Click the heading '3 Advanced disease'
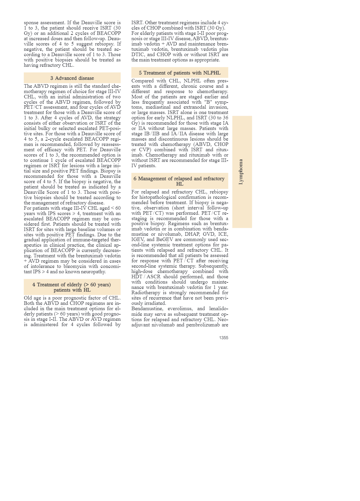(72, 78)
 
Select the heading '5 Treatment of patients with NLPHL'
(180, 73)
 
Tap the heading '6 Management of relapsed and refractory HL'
(179, 181)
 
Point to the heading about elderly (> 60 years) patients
(72, 287)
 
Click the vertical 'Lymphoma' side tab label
(241, 172)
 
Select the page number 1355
(223, 338)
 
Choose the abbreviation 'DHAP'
(192, 234)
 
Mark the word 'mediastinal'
(162, 107)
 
